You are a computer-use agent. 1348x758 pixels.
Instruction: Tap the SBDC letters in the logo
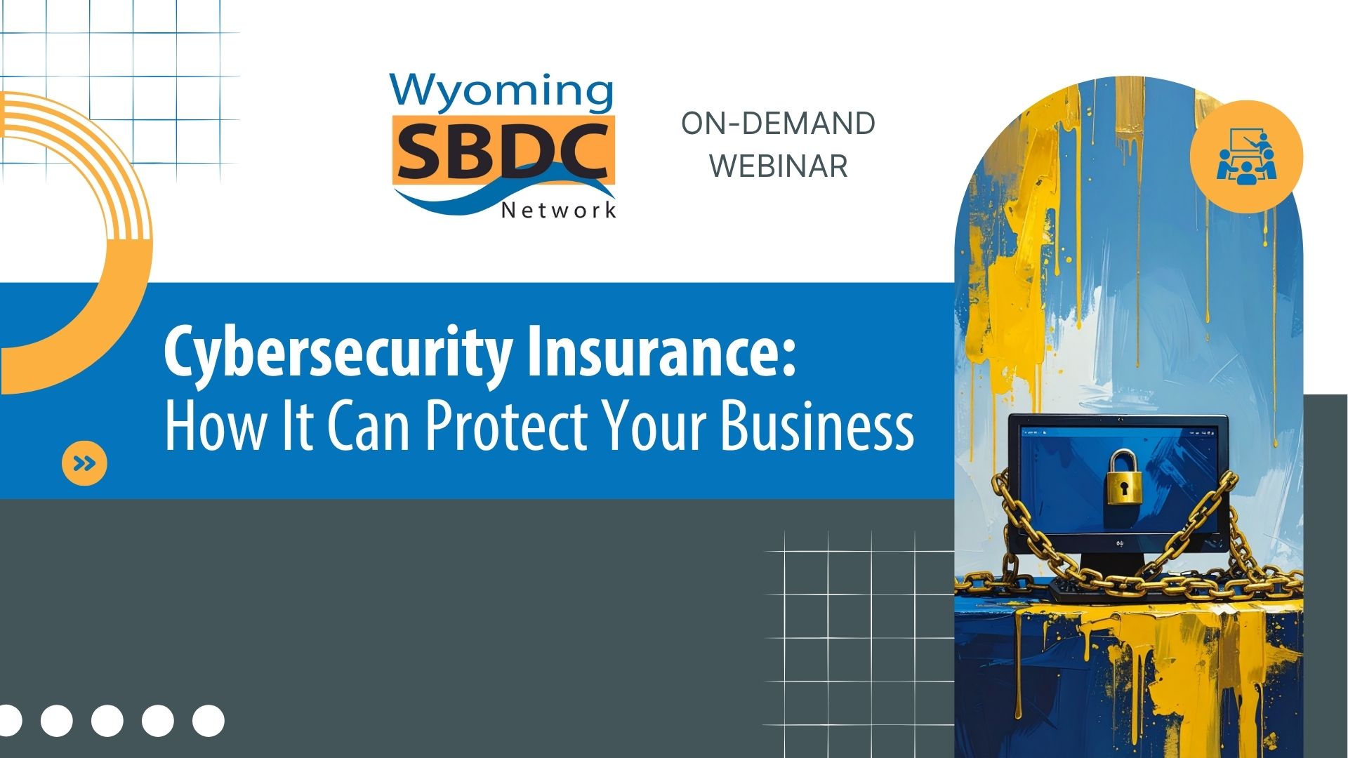(x=503, y=151)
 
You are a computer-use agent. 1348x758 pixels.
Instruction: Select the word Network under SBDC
(x=559, y=210)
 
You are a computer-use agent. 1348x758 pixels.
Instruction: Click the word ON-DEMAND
(x=778, y=124)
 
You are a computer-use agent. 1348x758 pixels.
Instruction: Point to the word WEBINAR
(x=778, y=166)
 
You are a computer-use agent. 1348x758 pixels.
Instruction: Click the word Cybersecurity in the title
(x=338, y=352)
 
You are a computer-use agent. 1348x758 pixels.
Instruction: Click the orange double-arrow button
(x=84, y=463)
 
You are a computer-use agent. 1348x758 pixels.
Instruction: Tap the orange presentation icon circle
(x=1246, y=157)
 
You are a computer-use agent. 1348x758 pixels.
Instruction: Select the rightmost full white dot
(x=209, y=721)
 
